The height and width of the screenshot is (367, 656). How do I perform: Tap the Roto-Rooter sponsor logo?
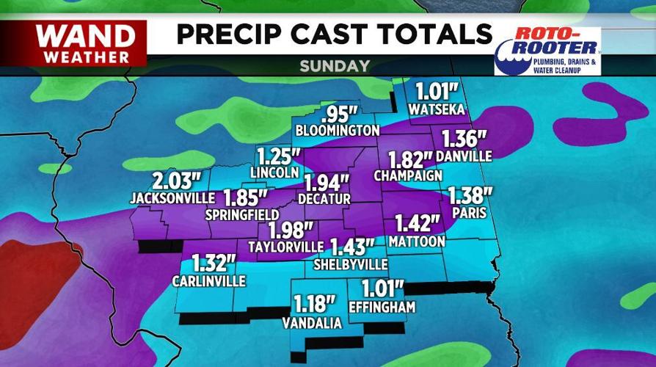pyautogui.click(x=547, y=51)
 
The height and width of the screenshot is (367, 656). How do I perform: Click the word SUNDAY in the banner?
pyautogui.click(x=334, y=66)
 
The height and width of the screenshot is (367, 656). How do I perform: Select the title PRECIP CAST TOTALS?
pyautogui.click(x=334, y=34)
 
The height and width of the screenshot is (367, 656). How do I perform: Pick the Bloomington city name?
pyautogui.click(x=337, y=130)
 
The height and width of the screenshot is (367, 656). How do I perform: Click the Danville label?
pyautogui.click(x=463, y=156)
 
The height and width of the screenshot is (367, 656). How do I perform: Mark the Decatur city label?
pyautogui.click(x=324, y=198)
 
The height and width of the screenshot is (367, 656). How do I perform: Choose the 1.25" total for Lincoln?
pyautogui.click(x=278, y=157)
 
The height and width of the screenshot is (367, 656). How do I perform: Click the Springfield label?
pyautogui.click(x=236, y=215)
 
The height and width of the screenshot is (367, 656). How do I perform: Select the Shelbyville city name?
pyautogui.click(x=351, y=264)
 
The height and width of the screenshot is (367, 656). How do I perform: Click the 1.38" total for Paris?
pyautogui.click(x=470, y=195)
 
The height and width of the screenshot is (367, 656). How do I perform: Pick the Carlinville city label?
pyautogui.click(x=209, y=280)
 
